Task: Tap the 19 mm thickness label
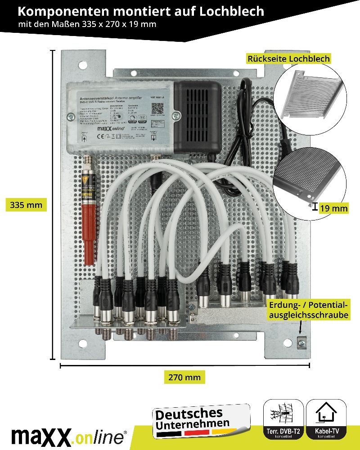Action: click(x=333, y=208)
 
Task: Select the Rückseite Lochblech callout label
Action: click(x=288, y=59)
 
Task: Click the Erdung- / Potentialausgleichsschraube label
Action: click(x=309, y=310)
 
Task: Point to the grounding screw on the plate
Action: click(x=301, y=343)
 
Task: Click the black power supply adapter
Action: click(x=197, y=117)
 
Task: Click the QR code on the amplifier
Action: click(x=157, y=108)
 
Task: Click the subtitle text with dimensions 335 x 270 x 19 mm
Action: click(x=87, y=24)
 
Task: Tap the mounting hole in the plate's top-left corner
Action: click(x=83, y=65)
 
